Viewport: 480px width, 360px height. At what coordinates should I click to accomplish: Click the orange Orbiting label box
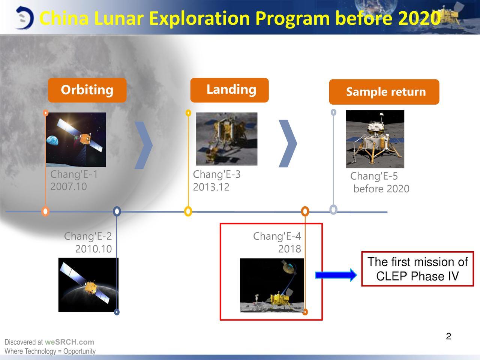coord(87,90)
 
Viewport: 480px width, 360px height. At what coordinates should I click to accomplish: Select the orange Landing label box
coord(229,90)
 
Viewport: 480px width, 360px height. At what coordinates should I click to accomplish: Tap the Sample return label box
coord(384,92)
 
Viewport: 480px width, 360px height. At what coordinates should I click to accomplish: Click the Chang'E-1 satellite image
coord(76,139)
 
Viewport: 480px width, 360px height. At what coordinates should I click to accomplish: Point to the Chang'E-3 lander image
coord(226,139)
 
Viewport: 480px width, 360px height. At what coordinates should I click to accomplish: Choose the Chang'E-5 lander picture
coord(375,139)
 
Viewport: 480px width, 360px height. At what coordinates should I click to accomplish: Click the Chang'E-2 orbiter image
coord(88,285)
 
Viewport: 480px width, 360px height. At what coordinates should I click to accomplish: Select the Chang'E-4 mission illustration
coord(272,285)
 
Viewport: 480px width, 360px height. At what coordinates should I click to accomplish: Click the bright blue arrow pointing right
coord(336,275)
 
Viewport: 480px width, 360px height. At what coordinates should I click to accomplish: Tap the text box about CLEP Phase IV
coord(417,268)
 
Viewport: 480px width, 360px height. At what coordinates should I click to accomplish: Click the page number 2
coord(448,336)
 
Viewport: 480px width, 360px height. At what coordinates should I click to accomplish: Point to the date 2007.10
coord(69,187)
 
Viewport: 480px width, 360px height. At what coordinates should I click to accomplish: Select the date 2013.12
coord(211,187)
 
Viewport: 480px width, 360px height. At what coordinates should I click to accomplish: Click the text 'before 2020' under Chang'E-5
coord(381,189)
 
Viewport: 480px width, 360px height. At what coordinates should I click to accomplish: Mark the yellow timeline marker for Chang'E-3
coord(188,211)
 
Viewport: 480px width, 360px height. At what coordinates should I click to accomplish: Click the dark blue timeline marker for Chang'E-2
coord(117,211)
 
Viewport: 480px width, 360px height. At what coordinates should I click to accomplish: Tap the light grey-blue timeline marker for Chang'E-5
coord(333,209)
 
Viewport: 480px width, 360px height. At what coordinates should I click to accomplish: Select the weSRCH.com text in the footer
coord(69,342)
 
